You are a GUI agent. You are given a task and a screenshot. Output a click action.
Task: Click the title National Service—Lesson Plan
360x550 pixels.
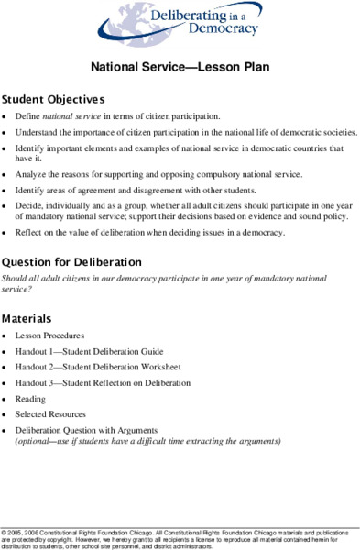tap(180, 67)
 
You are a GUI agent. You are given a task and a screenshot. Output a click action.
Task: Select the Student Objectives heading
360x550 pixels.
tap(53, 98)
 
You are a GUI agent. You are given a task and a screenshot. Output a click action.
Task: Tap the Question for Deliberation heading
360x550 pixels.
tap(71, 261)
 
